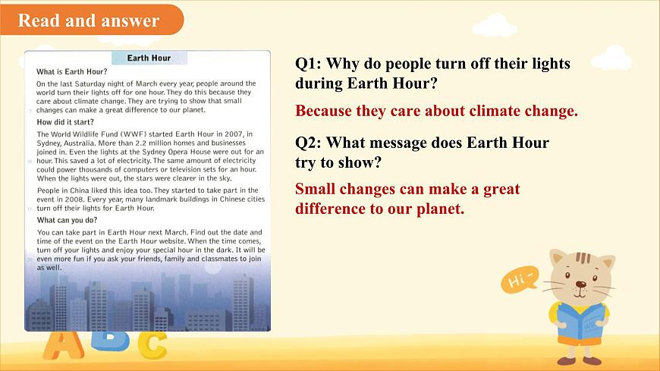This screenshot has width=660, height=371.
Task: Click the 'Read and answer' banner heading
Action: [88, 20]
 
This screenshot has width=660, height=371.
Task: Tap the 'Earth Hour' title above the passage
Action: [149, 58]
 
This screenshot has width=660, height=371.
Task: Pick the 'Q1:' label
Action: [309, 64]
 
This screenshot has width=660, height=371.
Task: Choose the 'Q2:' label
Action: [309, 143]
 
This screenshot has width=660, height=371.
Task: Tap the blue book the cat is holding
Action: [583, 319]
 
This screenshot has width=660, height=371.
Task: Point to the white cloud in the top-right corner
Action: [611, 57]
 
